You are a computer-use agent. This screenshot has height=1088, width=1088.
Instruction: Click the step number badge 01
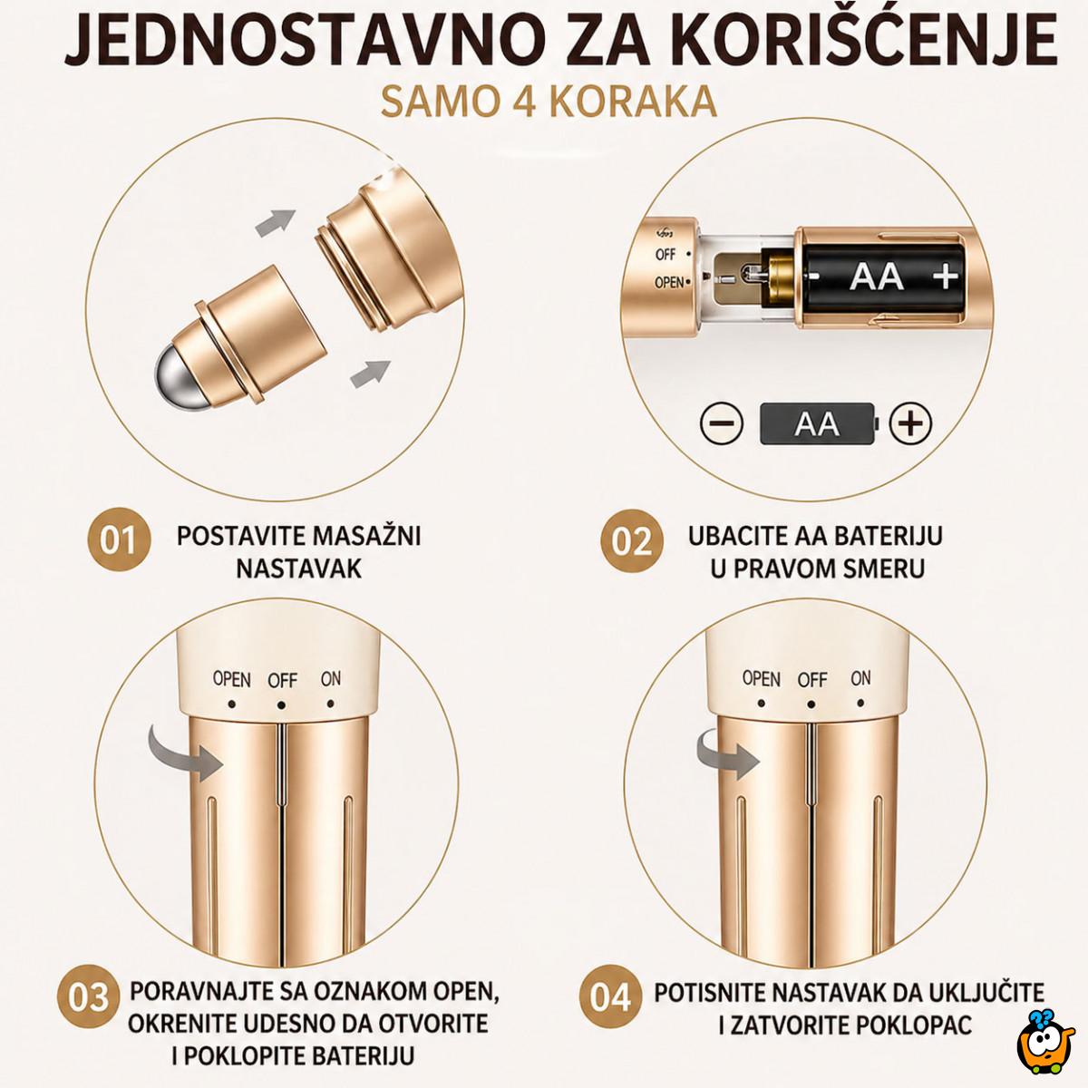pos(117,541)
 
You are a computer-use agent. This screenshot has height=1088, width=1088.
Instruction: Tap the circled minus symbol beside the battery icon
pos(722,423)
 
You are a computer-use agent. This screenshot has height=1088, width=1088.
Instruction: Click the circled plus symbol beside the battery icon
pos(911,423)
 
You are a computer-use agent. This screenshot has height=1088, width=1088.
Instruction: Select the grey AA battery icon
pos(817,423)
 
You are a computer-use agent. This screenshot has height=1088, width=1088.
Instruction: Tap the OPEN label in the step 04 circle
pos(761,678)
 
